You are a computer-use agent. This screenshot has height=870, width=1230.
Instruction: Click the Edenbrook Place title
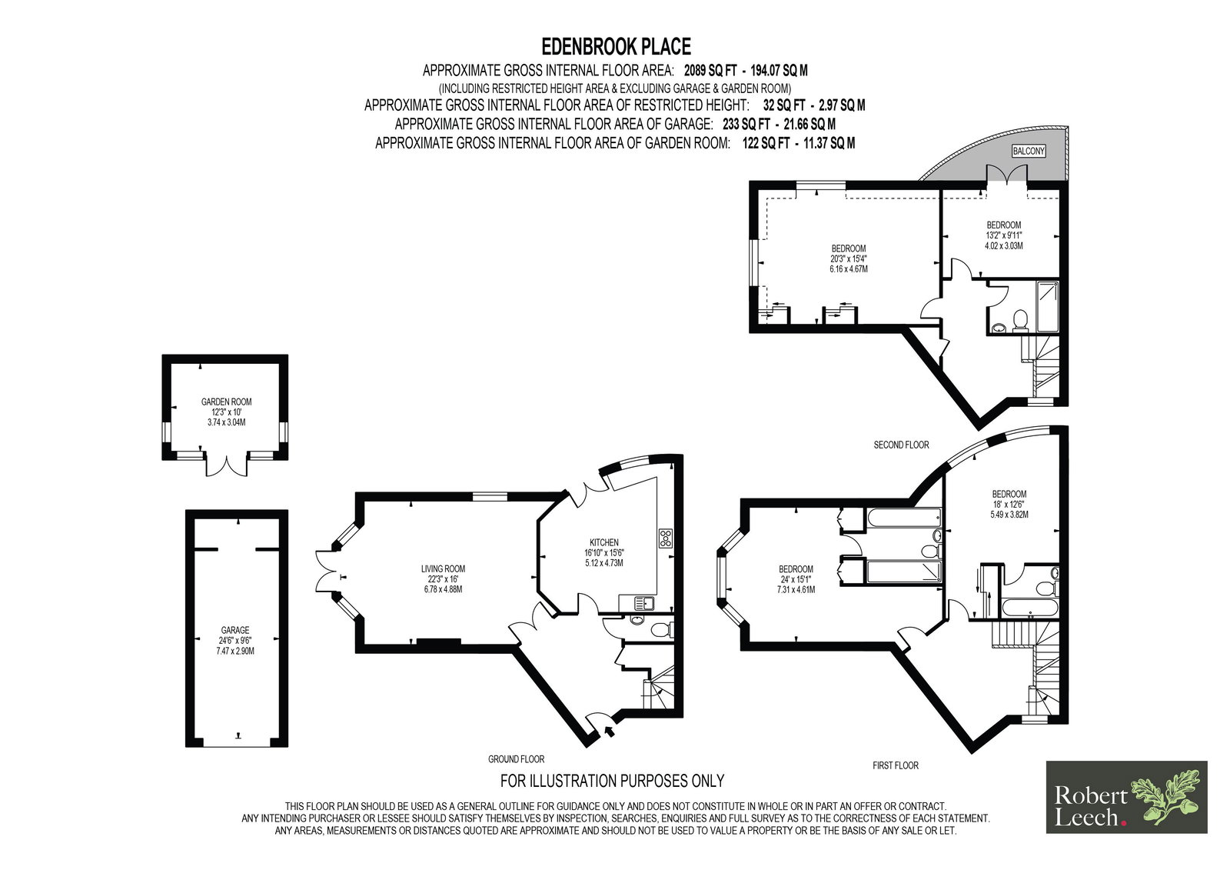coord(616,47)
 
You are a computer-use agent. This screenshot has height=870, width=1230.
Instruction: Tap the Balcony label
coord(1028,151)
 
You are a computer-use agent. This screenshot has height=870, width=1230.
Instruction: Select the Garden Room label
coord(226,402)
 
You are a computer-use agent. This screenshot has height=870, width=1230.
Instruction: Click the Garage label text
coord(235,630)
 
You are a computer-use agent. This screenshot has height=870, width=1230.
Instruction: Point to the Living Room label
coord(443,568)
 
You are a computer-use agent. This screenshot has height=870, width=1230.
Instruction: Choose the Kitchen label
coord(604,542)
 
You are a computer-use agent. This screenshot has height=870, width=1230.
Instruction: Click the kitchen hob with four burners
coord(665,538)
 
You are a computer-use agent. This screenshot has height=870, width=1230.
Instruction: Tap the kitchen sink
coord(643,603)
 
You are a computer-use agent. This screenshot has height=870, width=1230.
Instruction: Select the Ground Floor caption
coord(516,759)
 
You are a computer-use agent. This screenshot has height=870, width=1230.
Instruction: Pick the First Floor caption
coord(896,765)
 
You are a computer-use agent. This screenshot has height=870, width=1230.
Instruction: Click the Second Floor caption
coord(901,445)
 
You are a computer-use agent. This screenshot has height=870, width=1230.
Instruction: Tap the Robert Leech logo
coord(1126,797)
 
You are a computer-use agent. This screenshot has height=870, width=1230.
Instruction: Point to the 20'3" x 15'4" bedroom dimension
coord(849,259)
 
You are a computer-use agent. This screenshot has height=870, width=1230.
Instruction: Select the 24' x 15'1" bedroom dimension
coord(796,579)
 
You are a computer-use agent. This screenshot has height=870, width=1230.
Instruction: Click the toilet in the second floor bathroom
coord(1020,320)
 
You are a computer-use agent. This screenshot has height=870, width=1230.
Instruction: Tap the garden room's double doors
coord(226,465)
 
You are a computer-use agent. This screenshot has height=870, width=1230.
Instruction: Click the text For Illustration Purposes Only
coord(612,781)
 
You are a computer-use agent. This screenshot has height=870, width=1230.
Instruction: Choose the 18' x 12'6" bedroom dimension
coord(1009,504)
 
